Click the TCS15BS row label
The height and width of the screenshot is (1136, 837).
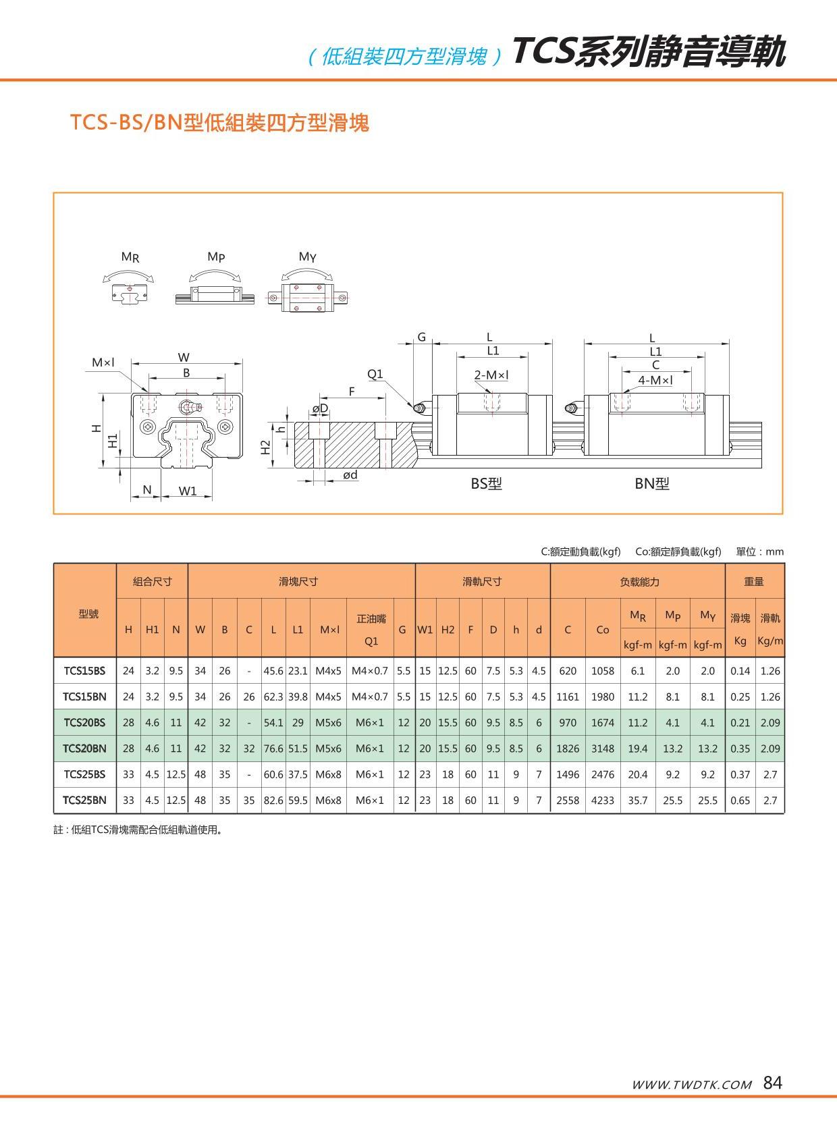tap(84, 671)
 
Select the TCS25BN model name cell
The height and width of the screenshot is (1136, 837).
tap(84, 801)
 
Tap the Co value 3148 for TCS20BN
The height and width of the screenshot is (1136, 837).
tap(602, 749)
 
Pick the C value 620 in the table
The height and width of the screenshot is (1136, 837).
tap(568, 671)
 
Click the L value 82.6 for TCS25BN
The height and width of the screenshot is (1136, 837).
tap(273, 801)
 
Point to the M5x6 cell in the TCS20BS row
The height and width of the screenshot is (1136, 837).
tap(329, 723)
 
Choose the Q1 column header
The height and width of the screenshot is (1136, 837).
tap(371, 641)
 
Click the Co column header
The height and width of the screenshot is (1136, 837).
tap(602, 630)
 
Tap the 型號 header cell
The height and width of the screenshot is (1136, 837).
tap(88, 614)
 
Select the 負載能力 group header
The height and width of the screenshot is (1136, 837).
tap(639, 582)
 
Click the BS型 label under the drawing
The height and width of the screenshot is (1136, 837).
tap(486, 484)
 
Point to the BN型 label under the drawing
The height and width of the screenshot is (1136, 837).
tap(651, 484)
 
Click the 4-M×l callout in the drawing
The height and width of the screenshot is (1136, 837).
tap(655, 381)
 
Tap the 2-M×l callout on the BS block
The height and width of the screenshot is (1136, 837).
tap(491, 375)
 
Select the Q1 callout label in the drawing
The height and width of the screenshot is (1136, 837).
tap(375, 374)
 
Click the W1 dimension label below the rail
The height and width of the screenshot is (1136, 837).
tap(187, 491)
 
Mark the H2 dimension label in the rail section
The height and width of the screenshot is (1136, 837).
tap(266, 447)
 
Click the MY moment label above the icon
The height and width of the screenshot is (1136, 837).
tap(307, 256)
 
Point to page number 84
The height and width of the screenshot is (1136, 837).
tap(773, 1083)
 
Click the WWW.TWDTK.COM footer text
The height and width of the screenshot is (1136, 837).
tap(691, 1085)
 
